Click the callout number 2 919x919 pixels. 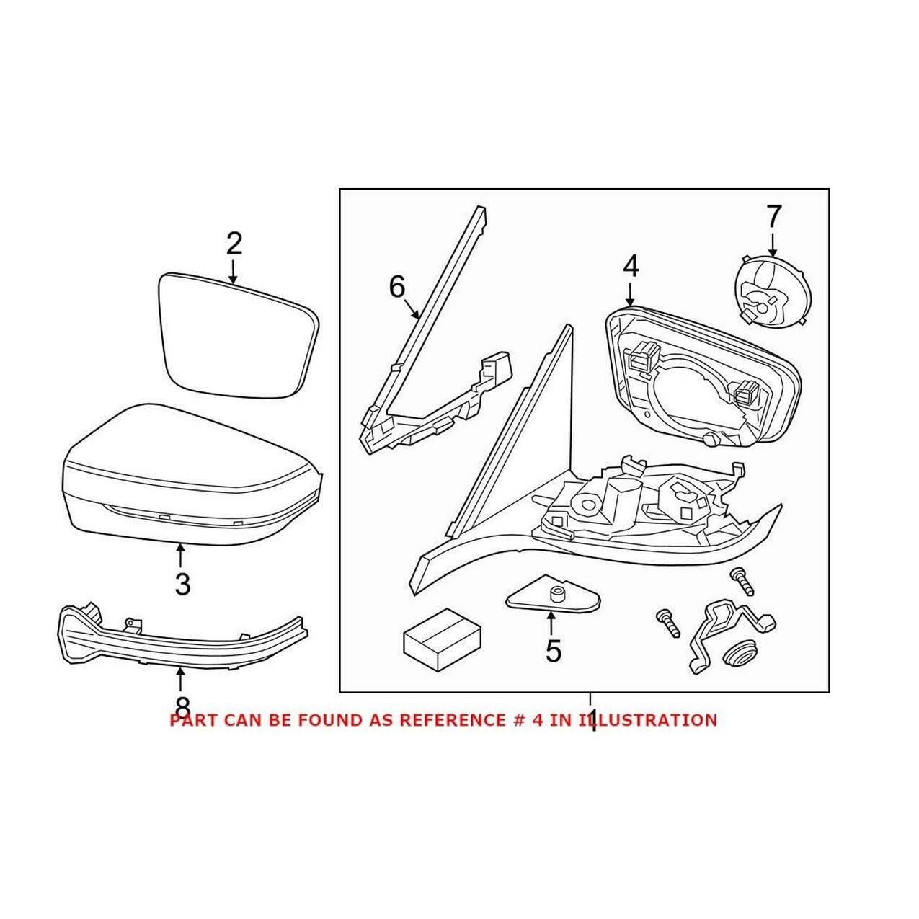pos(234,245)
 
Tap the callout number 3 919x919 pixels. pos(182,583)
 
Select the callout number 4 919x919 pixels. pos(631,266)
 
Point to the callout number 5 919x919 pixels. pos(553,650)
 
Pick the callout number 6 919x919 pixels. pos(397,287)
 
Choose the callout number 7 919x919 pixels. pos(773,216)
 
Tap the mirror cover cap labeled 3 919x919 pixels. pos(187,476)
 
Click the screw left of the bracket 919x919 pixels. pos(667,622)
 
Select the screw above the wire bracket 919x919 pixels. pos(742,580)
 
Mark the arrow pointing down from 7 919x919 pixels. pos(773,244)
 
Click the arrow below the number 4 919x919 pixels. pos(631,293)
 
